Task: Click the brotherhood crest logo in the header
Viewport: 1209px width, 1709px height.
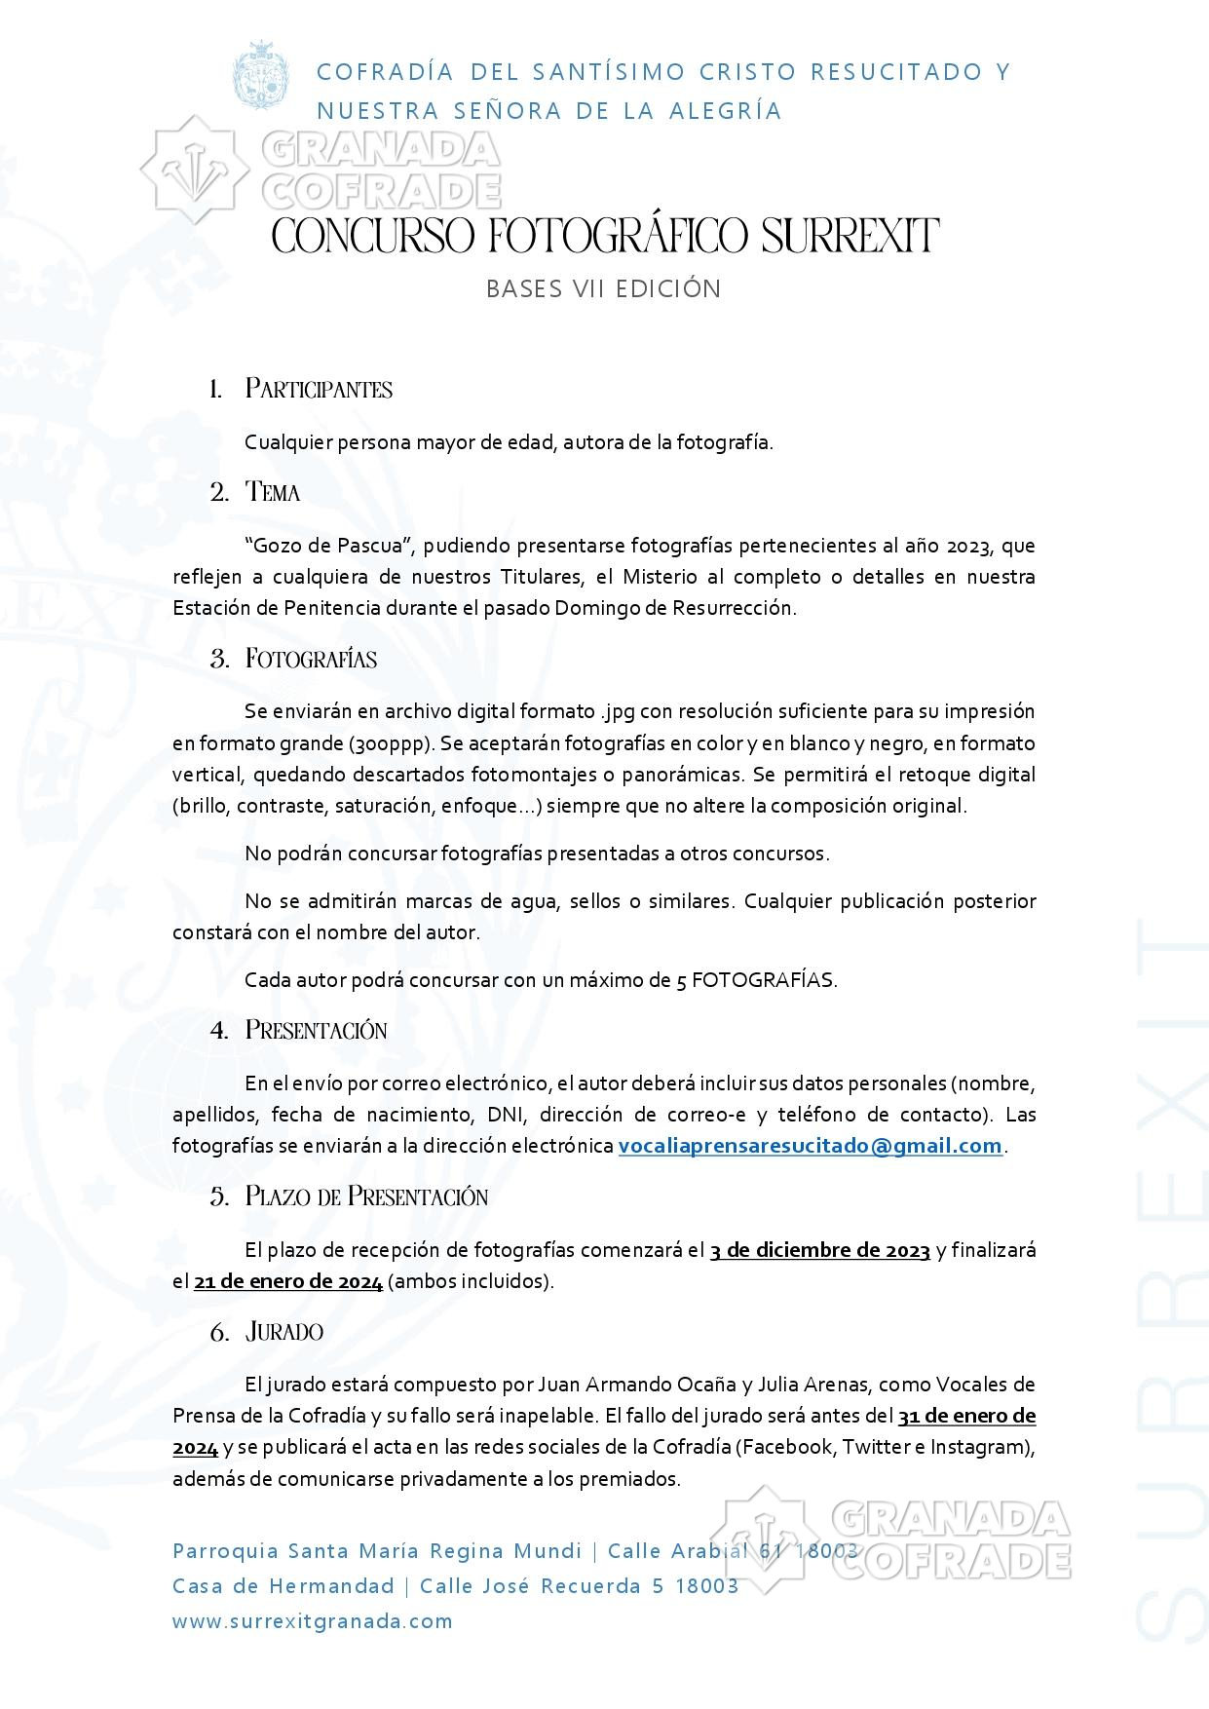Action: tap(260, 76)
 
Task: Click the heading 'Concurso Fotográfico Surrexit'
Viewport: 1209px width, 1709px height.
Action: tap(605, 237)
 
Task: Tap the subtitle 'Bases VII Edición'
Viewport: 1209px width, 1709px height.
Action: tap(604, 289)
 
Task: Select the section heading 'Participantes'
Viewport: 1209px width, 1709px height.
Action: tap(319, 390)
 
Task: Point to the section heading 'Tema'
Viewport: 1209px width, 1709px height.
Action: tap(273, 492)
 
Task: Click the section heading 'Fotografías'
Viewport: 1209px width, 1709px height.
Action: tap(311, 660)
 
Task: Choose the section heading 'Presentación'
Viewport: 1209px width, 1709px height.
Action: tap(316, 1031)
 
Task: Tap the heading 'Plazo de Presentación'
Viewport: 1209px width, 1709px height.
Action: tap(366, 1196)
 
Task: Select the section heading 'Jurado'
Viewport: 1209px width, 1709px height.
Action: tap(284, 1332)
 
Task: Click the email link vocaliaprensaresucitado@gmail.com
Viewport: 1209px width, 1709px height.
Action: tap(811, 1146)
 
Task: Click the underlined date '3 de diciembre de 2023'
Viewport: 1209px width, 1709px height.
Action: tap(820, 1250)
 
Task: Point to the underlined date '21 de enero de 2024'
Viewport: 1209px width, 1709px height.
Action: tap(288, 1281)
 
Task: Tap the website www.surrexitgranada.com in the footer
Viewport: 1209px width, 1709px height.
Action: tap(313, 1621)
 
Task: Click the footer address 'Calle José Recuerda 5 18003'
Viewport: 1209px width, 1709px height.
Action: tap(579, 1585)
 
